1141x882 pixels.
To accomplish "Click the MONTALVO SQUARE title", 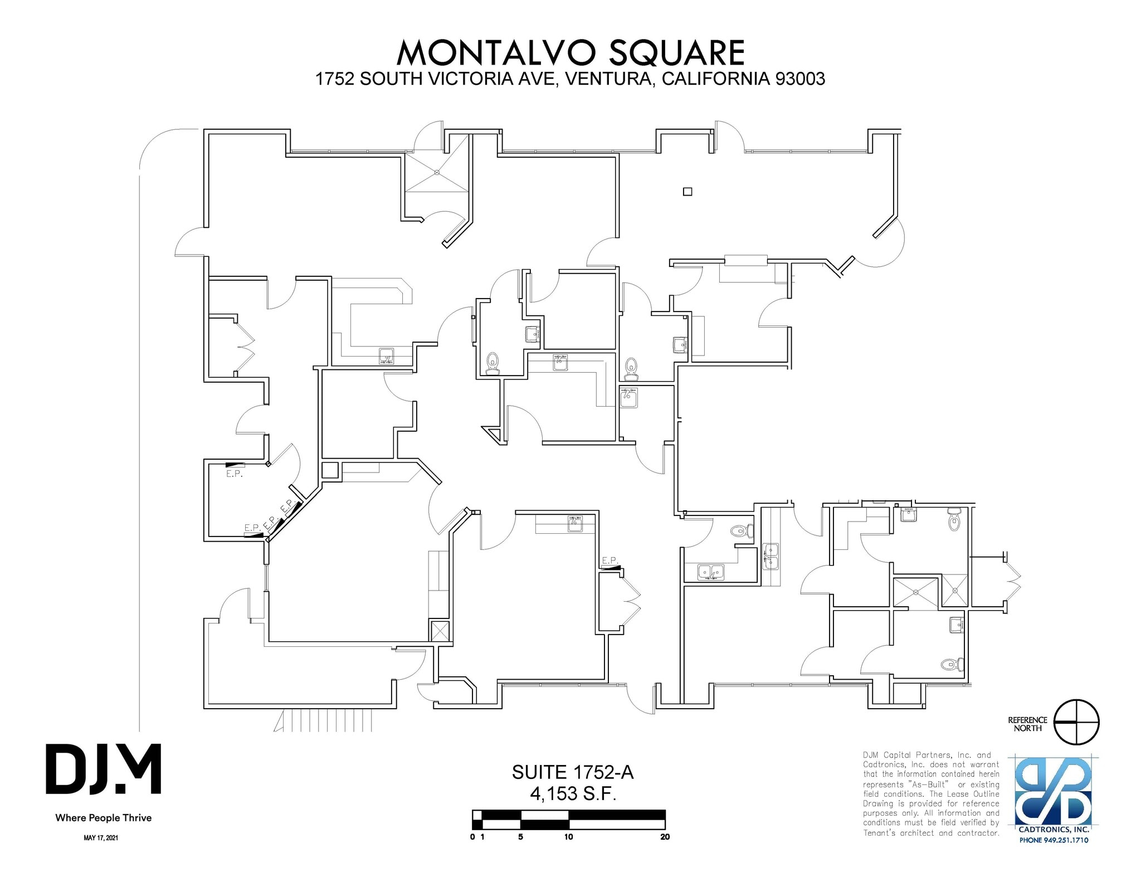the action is click(x=570, y=53).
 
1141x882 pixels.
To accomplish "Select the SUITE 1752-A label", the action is click(x=573, y=772).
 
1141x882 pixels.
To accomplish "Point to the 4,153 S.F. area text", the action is click(x=573, y=793).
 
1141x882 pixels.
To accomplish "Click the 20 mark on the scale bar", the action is click(x=664, y=837).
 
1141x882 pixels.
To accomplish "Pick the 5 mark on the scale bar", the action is click(x=520, y=837).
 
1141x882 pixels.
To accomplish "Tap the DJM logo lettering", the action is click(x=104, y=769).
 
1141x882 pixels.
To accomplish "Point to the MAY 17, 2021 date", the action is click(x=101, y=838).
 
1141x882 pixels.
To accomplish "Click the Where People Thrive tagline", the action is click(x=104, y=818).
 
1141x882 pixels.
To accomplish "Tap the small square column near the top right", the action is click(x=687, y=192).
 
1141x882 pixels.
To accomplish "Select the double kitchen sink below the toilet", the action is click(x=711, y=572).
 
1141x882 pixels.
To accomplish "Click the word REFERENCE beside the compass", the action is click(x=1028, y=720).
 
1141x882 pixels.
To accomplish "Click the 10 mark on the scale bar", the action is click(x=568, y=837).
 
